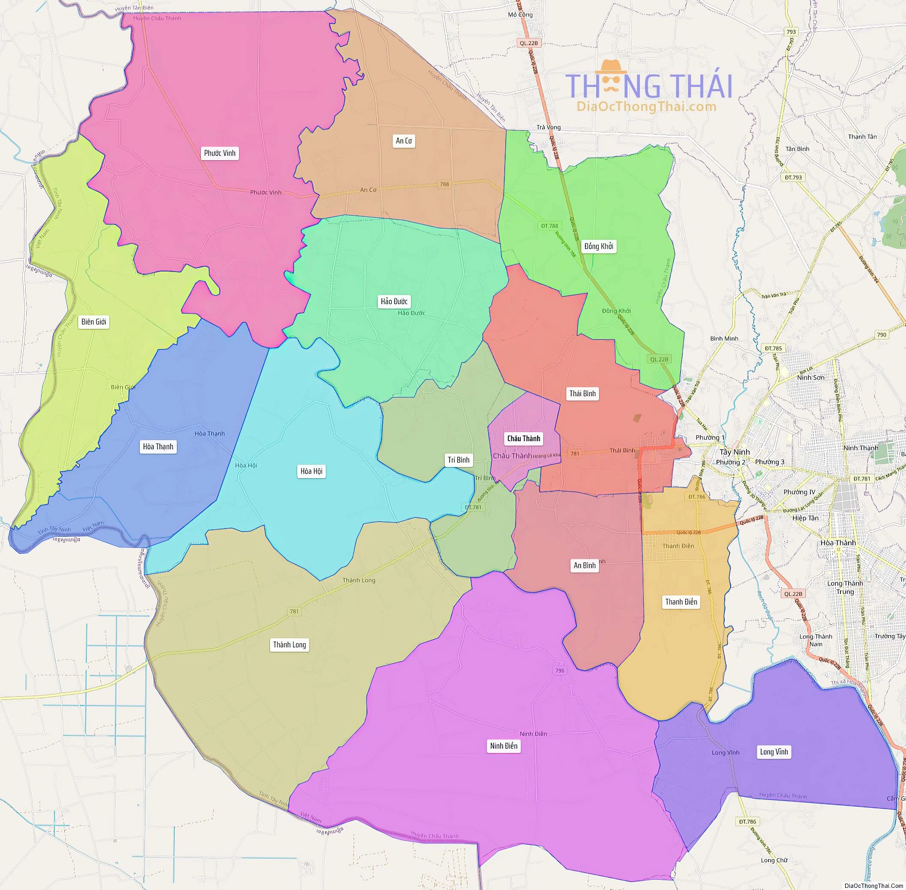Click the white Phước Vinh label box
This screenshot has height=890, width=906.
point(220,153)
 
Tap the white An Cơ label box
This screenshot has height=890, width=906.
point(404,141)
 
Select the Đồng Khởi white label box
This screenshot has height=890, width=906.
point(599,246)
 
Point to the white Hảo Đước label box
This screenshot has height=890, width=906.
point(394,302)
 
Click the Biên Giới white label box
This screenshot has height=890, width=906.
point(93,322)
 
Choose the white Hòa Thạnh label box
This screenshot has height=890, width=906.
point(158,447)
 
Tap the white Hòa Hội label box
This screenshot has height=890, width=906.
point(312,471)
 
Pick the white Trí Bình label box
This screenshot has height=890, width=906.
point(459,460)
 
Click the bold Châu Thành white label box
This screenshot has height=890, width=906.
point(523,439)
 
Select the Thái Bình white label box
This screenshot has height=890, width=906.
point(582,394)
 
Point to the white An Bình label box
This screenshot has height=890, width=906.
point(585,566)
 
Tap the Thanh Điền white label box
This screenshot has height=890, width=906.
point(681,602)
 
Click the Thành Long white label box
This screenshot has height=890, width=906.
point(290,645)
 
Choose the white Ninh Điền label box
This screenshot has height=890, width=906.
point(504,746)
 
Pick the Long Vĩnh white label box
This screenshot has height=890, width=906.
point(774,752)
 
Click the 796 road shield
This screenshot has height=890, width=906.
point(560,670)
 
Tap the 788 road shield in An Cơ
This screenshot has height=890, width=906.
point(444,184)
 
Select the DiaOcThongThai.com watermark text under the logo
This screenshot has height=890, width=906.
point(646,107)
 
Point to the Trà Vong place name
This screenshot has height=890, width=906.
point(548,127)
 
